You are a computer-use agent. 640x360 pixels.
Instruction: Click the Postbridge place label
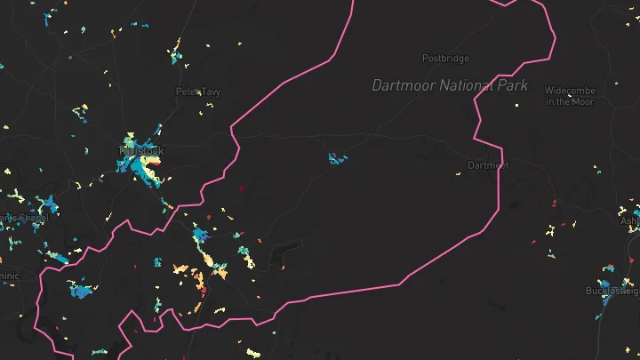[x=444, y=59]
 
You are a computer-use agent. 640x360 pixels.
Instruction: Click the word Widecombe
[x=569, y=91]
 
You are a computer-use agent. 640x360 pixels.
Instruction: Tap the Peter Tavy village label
[x=197, y=92]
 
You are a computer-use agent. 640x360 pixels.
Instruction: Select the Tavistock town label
[x=142, y=151]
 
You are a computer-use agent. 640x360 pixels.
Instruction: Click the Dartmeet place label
[x=488, y=165]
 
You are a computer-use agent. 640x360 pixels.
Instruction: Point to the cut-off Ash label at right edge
[x=629, y=220]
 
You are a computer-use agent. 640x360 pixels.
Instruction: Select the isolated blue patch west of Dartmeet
[x=337, y=159]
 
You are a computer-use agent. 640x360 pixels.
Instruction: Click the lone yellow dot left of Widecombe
[x=516, y=107]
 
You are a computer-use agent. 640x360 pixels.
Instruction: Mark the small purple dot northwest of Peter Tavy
[x=70, y=57]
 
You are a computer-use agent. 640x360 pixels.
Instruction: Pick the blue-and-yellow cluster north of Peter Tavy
[x=177, y=53]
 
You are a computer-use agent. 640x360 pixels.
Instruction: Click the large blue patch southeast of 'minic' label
[x=82, y=290]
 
